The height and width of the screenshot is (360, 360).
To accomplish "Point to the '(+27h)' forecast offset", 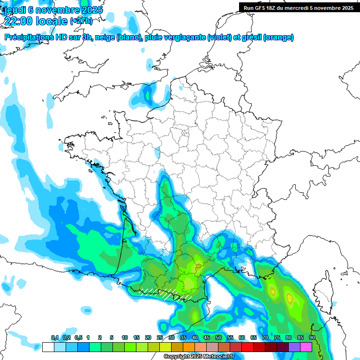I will (81, 21).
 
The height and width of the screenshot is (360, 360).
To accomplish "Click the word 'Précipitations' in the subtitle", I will (30, 37).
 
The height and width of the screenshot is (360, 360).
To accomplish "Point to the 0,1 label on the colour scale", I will (54, 337).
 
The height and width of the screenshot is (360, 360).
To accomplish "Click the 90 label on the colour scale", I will (312, 337).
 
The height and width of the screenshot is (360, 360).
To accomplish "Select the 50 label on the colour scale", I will (218, 337).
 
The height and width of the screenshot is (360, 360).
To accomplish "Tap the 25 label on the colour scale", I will (160, 337).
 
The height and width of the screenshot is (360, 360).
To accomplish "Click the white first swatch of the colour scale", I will (48, 347).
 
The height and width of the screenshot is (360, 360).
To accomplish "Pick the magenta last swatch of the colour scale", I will (306, 347).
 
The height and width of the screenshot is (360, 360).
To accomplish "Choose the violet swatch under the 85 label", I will (294, 347).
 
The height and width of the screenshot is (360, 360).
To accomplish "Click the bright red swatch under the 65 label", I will (247, 347).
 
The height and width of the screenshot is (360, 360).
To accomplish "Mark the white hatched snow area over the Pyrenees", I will (166, 293).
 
